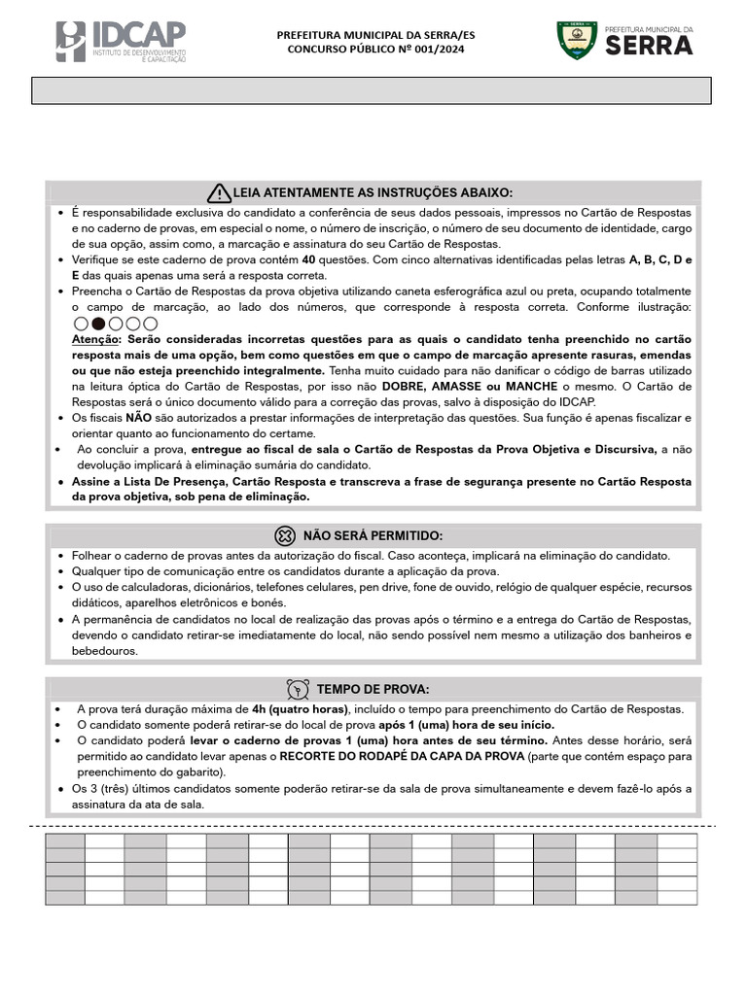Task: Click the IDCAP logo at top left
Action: pos(120,41)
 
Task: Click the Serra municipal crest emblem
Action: pos(575,40)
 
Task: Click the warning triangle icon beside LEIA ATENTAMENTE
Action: pos(220,191)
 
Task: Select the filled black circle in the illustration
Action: pos(98,324)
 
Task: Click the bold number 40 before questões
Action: pos(308,260)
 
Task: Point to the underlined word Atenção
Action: pos(94,339)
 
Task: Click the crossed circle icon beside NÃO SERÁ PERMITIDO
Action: pos(284,535)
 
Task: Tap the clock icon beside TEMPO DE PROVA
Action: pos(299,689)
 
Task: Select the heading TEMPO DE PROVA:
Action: pos(373,689)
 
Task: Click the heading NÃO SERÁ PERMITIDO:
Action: pos(373,535)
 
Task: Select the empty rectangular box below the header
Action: pos(373,90)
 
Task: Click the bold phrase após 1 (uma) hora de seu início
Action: pos(467,725)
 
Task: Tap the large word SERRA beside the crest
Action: pos(649,46)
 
